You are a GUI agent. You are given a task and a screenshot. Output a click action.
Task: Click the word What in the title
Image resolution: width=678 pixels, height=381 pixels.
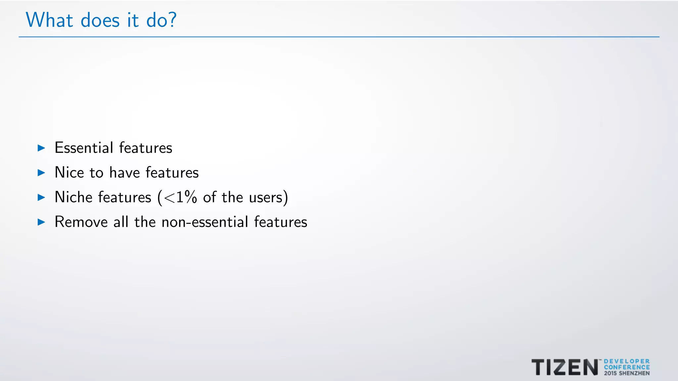[49, 20]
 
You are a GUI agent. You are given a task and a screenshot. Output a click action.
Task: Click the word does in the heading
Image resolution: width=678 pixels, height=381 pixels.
[100, 21]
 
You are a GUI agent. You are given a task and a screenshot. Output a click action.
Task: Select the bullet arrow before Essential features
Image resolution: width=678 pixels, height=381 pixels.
[41, 148]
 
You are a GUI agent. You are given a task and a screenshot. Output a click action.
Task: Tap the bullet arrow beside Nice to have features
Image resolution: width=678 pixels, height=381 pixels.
[41, 173]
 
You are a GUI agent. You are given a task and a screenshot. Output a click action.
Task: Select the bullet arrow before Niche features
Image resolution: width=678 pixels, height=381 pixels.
[41, 197]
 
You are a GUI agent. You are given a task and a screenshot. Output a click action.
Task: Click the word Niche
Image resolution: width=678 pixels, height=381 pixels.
[73, 197]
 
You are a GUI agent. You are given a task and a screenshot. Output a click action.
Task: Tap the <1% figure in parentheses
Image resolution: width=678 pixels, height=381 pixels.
[180, 197]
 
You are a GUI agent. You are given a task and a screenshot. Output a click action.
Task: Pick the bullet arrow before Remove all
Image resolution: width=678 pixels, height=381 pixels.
[41, 222]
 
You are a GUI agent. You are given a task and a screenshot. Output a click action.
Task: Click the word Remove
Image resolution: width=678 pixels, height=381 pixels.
[81, 222]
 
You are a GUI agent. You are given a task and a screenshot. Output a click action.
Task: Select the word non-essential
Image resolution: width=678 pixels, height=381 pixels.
[205, 222]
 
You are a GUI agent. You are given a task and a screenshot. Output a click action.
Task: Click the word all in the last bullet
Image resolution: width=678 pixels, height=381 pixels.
[121, 222]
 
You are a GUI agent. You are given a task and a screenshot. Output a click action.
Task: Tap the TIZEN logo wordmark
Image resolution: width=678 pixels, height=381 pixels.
[565, 367]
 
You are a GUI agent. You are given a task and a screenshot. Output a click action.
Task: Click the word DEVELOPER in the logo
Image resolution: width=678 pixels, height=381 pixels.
[627, 361]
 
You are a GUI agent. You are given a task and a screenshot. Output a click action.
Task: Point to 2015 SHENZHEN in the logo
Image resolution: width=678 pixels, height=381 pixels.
[627, 373]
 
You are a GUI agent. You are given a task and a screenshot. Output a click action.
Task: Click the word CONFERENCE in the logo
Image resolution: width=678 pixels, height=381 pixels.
[627, 367]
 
